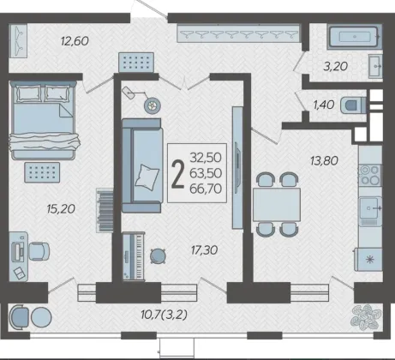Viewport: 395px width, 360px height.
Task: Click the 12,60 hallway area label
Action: click(75, 41)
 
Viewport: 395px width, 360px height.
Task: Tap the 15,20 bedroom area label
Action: click(61, 209)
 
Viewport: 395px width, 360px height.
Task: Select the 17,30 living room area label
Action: click(204, 250)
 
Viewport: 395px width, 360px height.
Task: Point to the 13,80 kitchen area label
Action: click(324, 160)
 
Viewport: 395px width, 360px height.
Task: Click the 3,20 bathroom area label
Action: click(335, 66)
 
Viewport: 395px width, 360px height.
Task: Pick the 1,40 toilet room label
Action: click(324, 105)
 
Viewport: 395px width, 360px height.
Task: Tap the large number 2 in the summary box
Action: click(178, 173)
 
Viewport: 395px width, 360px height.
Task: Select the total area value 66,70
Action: click(206, 189)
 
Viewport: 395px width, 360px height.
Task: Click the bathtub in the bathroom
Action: click(355, 37)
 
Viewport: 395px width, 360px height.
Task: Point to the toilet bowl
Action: click(353, 105)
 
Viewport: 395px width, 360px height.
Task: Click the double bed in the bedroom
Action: click(44, 120)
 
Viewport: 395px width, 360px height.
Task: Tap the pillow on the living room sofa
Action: click(147, 177)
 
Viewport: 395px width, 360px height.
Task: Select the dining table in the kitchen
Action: click(277, 205)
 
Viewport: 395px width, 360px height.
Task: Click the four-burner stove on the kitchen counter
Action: click(370, 175)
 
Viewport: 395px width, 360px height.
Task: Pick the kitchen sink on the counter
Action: click(370, 208)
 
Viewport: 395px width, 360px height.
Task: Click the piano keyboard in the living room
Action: click(134, 256)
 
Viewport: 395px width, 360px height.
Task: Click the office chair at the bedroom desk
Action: click(39, 251)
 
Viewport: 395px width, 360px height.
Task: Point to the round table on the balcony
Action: click(41, 317)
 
